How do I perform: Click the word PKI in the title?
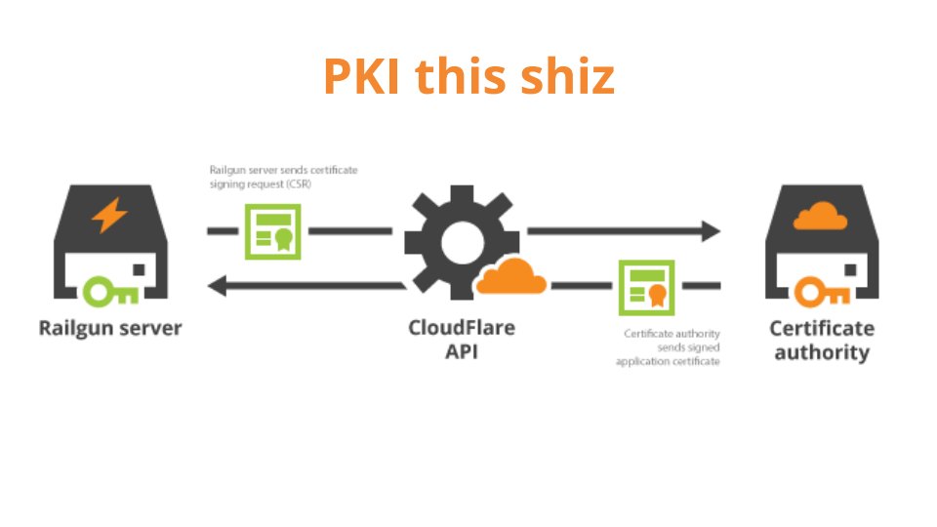[x=363, y=77]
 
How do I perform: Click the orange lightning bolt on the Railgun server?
[x=109, y=215]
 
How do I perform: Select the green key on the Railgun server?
[x=108, y=290]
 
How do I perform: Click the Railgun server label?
[x=110, y=327]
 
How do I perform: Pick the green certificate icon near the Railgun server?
[x=272, y=232]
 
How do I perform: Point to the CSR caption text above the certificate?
[x=283, y=176]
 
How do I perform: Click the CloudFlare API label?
[x=462, y=339]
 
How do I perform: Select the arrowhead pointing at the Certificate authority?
[x=709, y=231]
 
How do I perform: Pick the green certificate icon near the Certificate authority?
[x=646, y=286]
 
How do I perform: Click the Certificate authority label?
[x=822, y=340]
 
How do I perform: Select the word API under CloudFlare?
[x=462, y=351]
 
